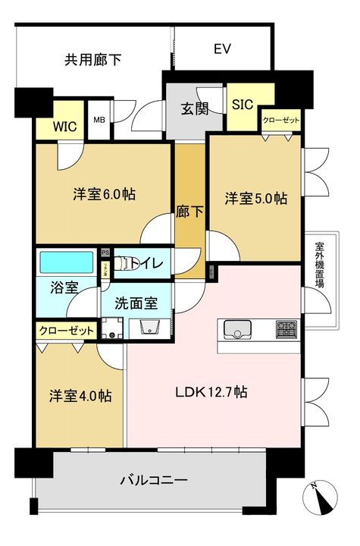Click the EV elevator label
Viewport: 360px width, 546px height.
222,50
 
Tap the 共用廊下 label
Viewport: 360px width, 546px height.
93,58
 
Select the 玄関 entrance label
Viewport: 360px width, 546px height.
194,109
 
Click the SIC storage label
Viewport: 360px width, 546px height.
242,105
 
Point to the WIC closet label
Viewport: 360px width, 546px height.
64,127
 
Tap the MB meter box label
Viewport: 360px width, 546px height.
99,120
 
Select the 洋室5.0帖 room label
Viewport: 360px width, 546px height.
255,198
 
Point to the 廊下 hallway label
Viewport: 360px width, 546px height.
190,213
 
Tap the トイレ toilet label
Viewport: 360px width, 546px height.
143,263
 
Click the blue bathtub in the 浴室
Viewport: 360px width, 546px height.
66,264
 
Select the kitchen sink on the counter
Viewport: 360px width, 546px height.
237,330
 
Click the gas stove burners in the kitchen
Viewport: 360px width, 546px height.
286,330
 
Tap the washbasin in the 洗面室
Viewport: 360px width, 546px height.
148,328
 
